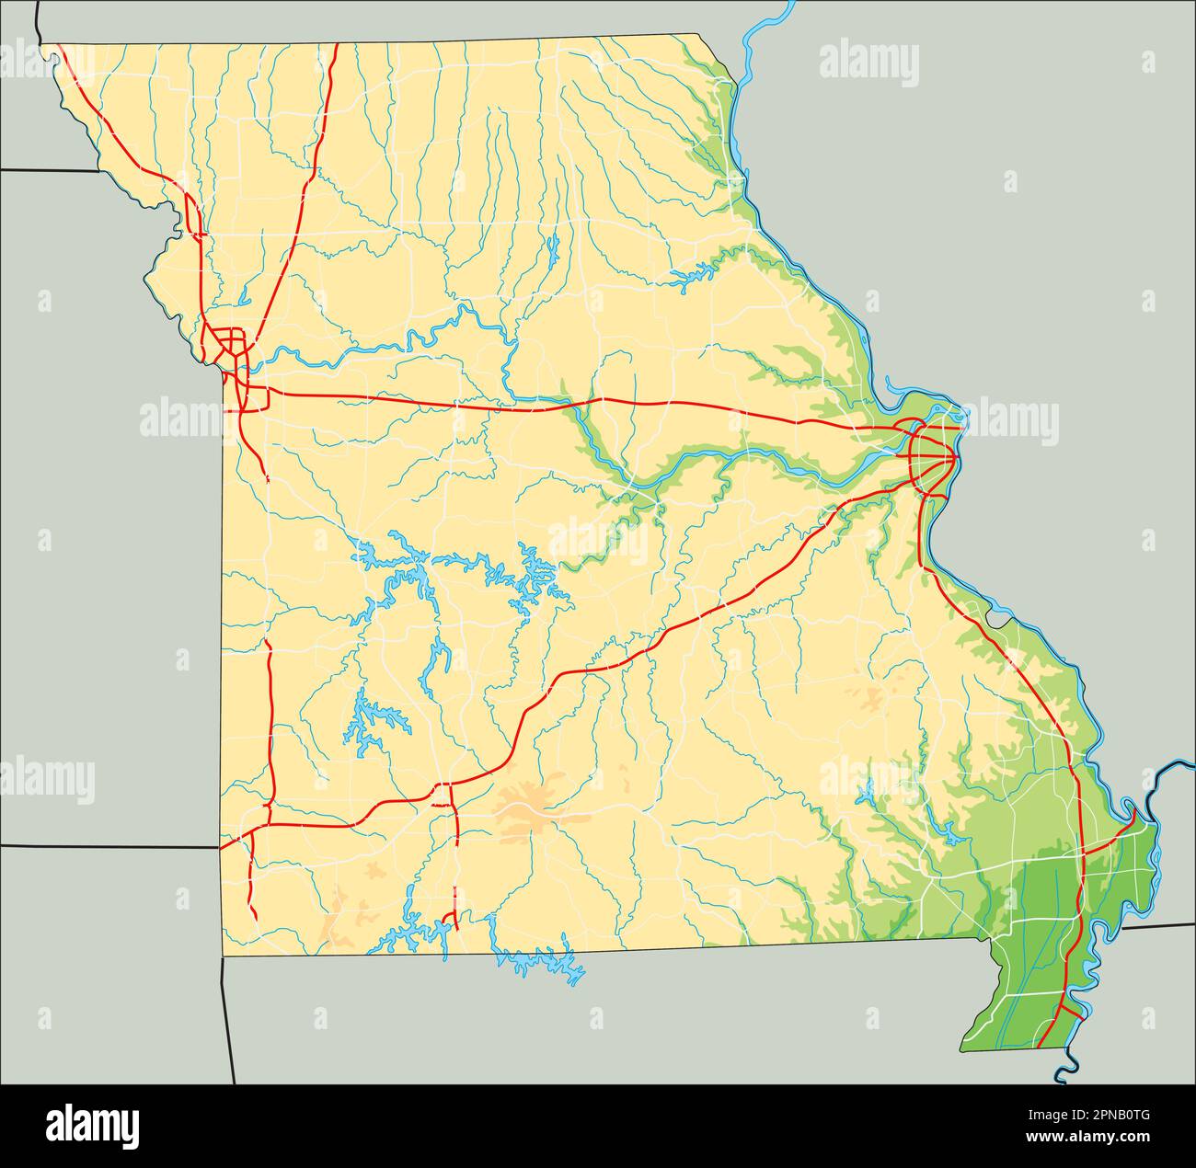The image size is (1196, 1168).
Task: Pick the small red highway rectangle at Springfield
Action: pyautogui.click(x=443, y=795)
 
